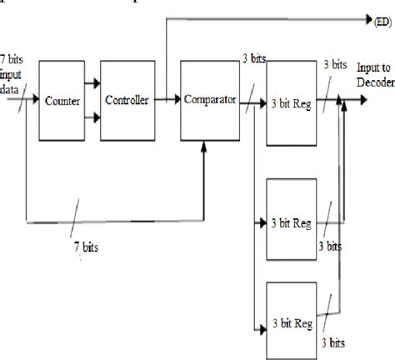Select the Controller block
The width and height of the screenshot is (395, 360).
coord(127,100)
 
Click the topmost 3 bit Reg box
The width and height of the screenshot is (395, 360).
coord(290,100)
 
